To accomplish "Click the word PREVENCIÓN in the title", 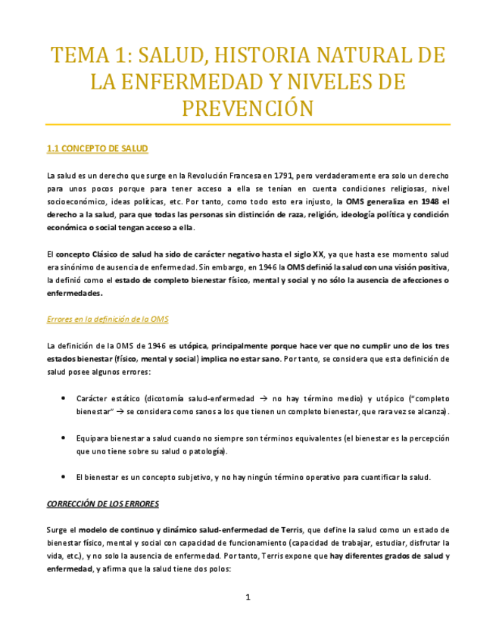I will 248,108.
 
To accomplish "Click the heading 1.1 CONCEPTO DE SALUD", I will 97,148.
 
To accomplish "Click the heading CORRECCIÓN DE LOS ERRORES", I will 103,503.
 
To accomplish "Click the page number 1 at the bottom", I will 248,598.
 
